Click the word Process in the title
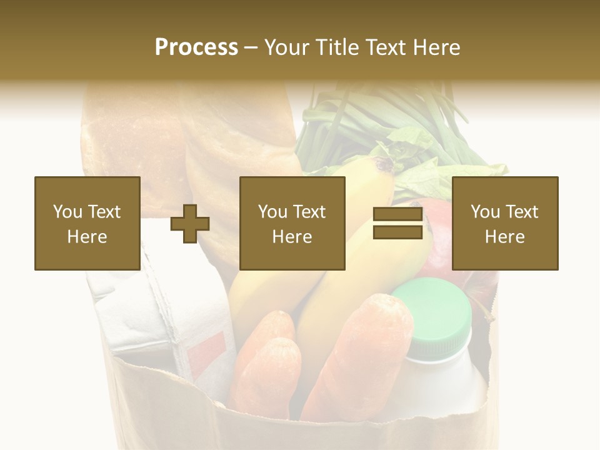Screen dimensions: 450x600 pos(196,47)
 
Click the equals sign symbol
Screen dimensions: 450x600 pos(397,224)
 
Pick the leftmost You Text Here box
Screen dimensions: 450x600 pos(87,223)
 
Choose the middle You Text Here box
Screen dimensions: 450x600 pos(292,223)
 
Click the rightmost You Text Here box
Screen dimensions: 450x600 pos(505,223)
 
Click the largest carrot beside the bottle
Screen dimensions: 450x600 pos(362,350)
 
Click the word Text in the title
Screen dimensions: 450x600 pos(387,47)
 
